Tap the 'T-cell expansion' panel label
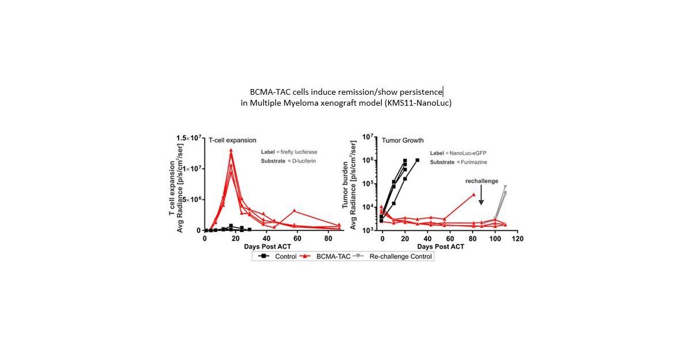tap(233, 140)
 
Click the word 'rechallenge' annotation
tap(481, 181)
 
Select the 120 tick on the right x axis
tap(518, 238)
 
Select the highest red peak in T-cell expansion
tap(231, 150)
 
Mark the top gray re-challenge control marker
tap(505, 187)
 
